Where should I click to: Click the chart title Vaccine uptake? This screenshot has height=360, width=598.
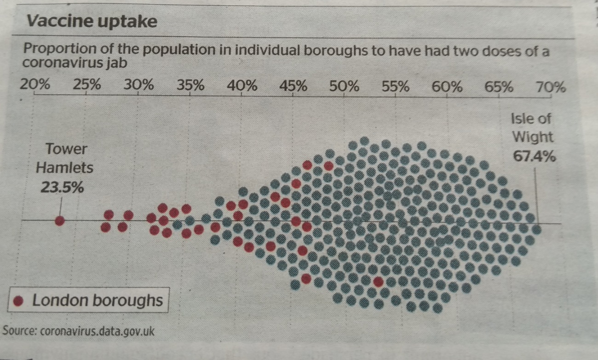point(92,21)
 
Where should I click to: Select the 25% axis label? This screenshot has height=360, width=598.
point(87,86)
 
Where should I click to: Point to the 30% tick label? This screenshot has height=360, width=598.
point(139,86)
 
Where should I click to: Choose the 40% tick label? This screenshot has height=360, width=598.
point(242,86)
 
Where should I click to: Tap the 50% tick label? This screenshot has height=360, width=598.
point(345,86)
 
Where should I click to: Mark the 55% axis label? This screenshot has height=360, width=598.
point(397,86)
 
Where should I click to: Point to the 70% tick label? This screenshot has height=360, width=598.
point(551,87)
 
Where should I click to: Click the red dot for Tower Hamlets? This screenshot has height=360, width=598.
point(59,221)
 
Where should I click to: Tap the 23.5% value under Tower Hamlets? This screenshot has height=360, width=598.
point(62,188)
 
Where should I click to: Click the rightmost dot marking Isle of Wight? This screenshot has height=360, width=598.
point(536,229)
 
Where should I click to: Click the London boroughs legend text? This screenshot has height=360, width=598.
point(98,301)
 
